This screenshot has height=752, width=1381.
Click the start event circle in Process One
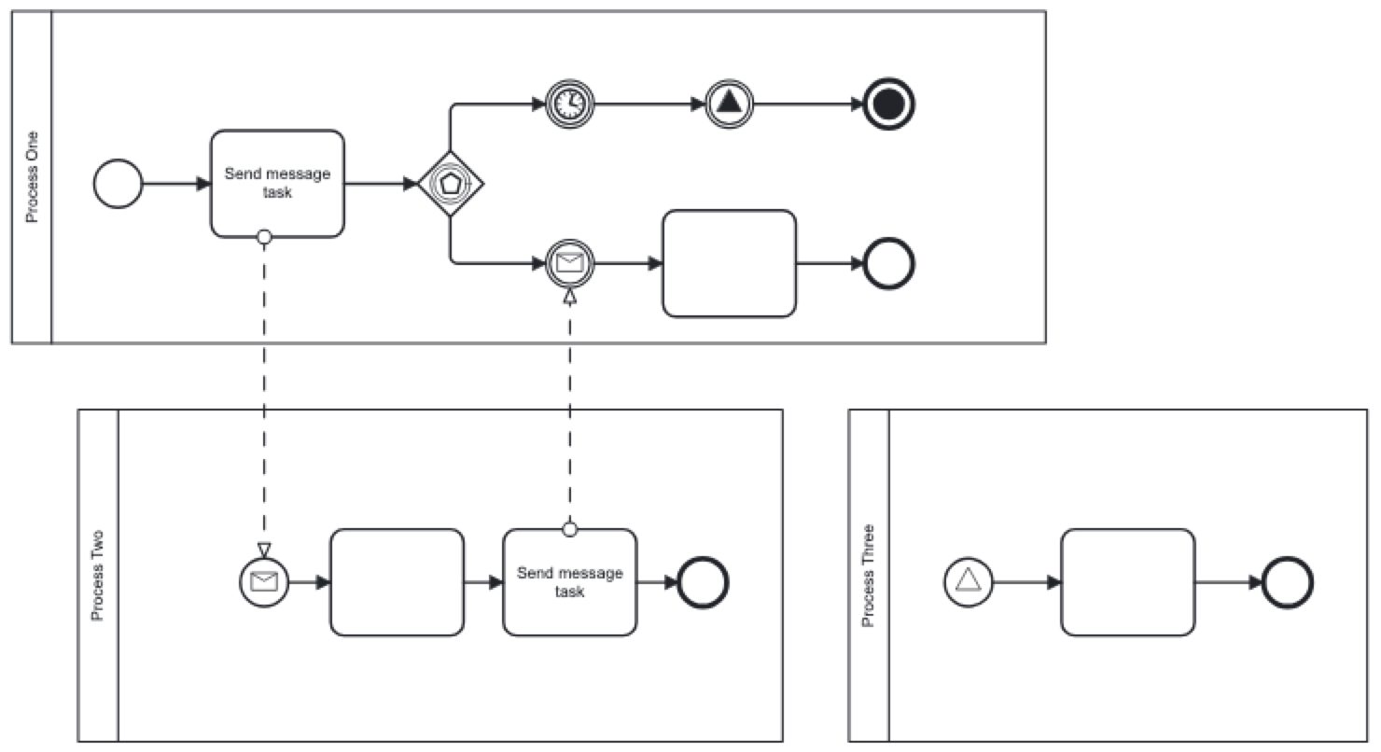click(119, 184)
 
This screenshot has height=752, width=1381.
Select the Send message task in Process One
click(277, 184)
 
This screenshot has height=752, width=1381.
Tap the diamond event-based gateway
click(452, 184)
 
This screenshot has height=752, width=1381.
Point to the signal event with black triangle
click(729, 104)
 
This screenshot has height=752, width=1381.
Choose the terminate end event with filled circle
click(889, 104)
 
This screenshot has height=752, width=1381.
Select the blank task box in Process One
click(729, 264)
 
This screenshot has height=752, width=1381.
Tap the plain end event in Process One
click(889, 264)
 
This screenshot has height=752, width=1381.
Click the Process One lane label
click(32, 178)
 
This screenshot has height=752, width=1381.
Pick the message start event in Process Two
click(264, 582)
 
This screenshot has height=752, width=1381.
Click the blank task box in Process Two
click(397, 582)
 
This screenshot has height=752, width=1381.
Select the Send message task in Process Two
click(569, 582)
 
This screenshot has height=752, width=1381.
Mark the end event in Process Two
click(703, 582)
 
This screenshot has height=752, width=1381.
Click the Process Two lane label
click(98, 576)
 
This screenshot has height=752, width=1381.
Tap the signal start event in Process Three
click(969, 582)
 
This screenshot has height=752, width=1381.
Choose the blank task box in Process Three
click(1127, 582)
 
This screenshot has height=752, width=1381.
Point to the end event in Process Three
click(1288, 582)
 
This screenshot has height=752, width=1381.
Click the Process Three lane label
click(869, 576)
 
